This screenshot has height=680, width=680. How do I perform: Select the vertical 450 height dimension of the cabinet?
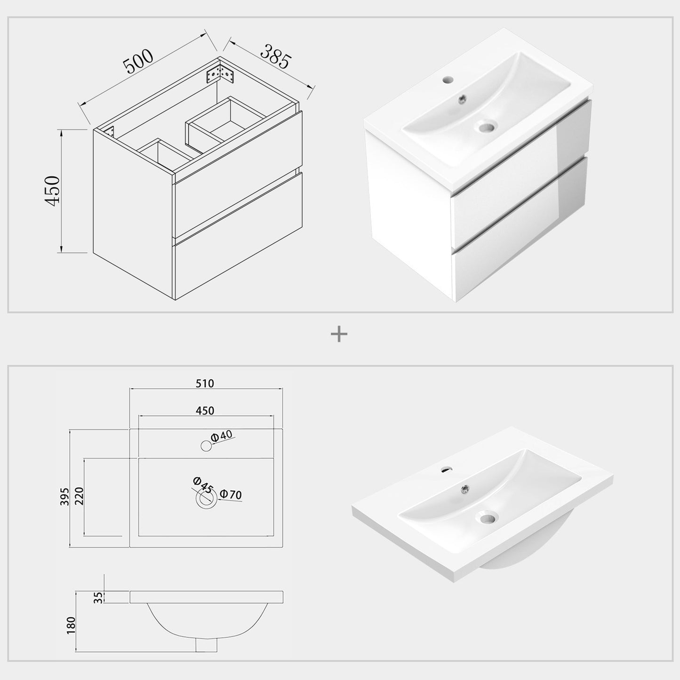tap(52, 190)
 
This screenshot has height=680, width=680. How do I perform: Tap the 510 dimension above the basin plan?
tap(205, 384)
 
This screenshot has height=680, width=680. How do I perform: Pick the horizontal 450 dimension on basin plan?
tap(205, 410)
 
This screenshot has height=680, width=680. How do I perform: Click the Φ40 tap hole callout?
tap(222, 436)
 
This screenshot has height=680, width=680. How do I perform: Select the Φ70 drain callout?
tap(231, 495)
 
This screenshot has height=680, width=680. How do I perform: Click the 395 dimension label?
tap(65, 496)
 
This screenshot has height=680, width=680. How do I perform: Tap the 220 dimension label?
tap(79, 496)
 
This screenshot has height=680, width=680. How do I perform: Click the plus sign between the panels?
tap(339, 335)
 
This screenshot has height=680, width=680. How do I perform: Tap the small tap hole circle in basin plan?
tap(206, 445)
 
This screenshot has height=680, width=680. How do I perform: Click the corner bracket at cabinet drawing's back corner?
tap(220, 73)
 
